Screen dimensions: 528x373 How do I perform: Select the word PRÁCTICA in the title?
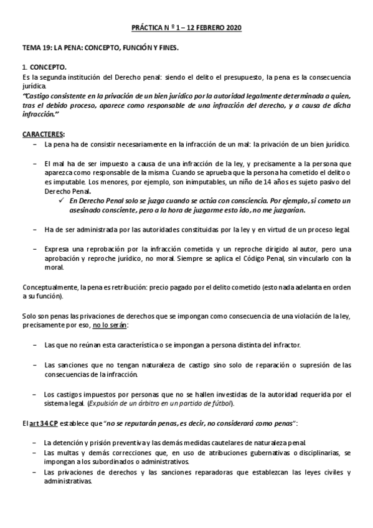tap(150, 29)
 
